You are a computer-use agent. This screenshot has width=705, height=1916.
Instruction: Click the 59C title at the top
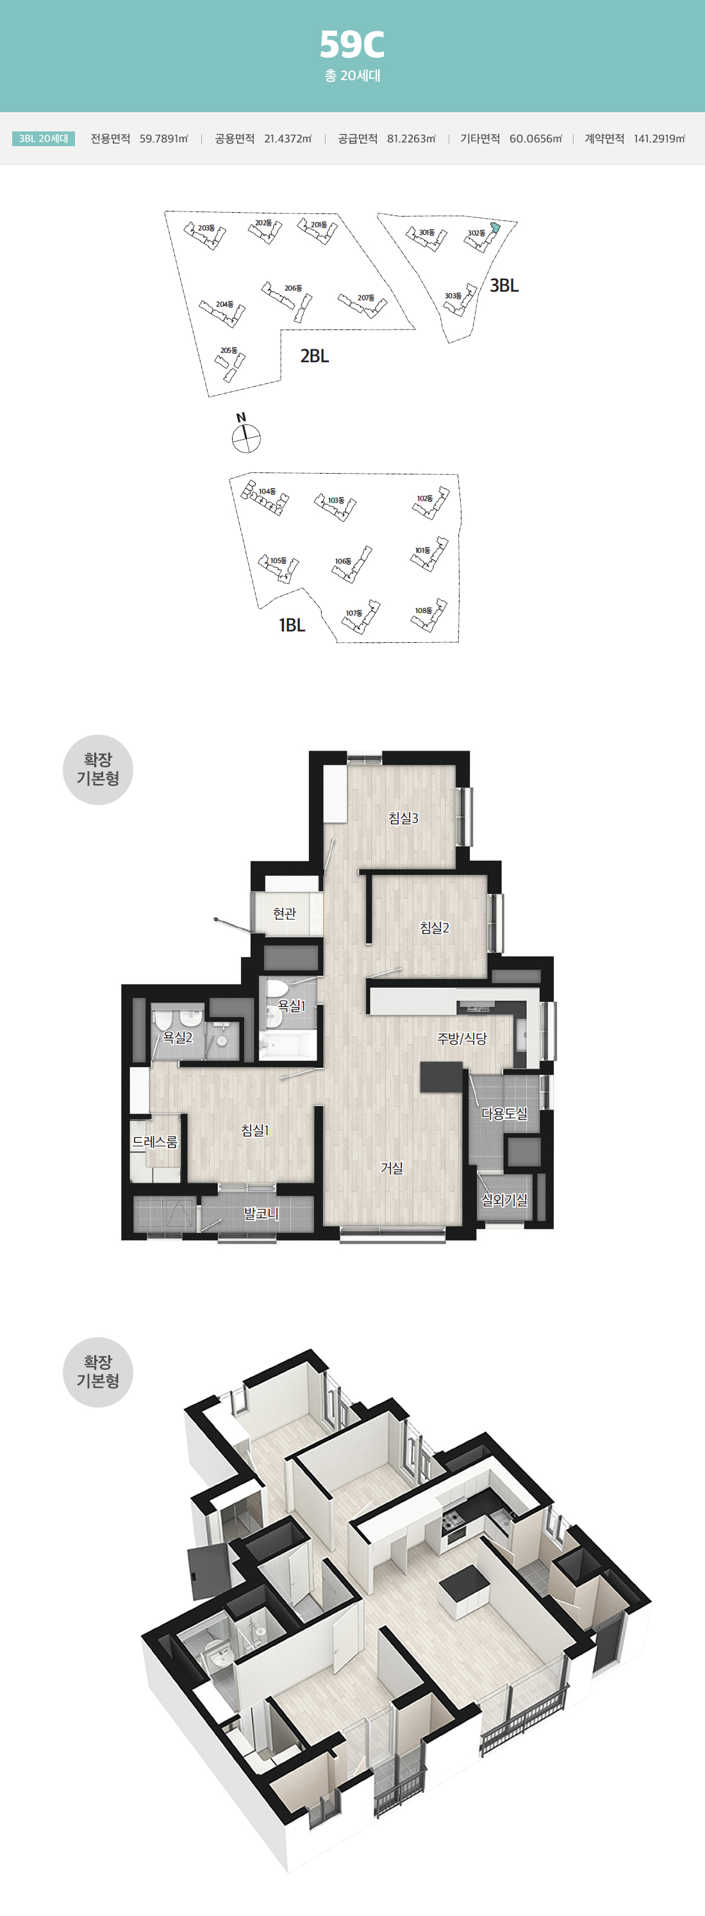(x=352, y=45)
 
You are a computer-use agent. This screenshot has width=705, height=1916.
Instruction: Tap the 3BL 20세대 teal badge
(x=44, y=139)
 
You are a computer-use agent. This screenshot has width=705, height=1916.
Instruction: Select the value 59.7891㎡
(x=163, y=139)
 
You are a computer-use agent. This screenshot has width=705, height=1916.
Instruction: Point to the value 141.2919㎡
(x=659, y=139)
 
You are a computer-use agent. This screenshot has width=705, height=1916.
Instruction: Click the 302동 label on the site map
(x=476, y=233)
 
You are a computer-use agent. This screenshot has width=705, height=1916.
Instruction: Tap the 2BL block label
(x=315, y=356)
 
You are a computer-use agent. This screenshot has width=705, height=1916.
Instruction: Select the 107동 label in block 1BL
(x=354, y=613)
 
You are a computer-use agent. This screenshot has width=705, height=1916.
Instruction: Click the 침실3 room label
(x=403, y=818)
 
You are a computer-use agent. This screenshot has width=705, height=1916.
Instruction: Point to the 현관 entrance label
(x=284, y=913)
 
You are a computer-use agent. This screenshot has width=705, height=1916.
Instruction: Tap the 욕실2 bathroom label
(x=178, y=1037)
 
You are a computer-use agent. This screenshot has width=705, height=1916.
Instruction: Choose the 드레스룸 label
(x=154, y=1142)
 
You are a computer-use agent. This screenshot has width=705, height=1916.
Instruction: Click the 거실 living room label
(x=392, y=1168)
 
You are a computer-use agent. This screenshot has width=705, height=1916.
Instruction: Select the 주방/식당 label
(x=462, y=1038)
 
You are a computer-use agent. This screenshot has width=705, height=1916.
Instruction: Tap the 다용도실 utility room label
(x=504, y=1113)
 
